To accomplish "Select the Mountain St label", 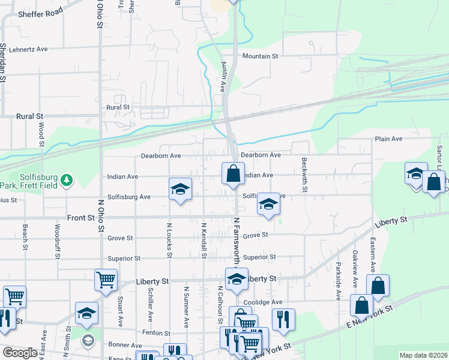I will pyautogui.click(x=261, y=56).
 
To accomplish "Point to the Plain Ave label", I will pyautogui.click(x=388, y=139).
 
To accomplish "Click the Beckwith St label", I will pyautogui.click(x=305, y=175).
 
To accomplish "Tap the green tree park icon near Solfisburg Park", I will pyautogui.click(x=67, y=179).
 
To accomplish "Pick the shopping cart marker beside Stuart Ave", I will pyautogui.click(x=106, y=280).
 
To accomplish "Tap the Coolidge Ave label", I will pyautogui.click(x=262, y=302).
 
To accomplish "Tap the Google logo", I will pyautogui.click(x=19, y=353).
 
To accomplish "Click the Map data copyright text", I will pyautogui.click(x=423, y=355).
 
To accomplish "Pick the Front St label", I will pyautogui.click(x=82, y=218).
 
